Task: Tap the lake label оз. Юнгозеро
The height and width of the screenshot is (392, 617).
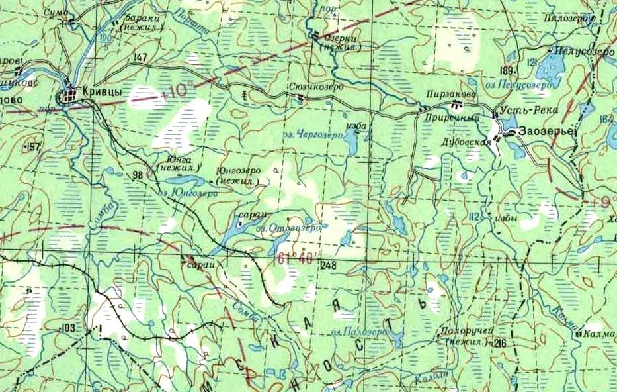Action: [188, 193]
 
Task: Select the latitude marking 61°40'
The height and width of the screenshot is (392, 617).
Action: [292, 259]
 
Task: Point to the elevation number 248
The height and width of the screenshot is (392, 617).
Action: [327, 266]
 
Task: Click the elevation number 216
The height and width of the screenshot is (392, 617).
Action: [499, 342]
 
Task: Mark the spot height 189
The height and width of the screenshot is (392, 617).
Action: [508, 71]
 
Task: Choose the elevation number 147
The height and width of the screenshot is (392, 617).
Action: [140, 58]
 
